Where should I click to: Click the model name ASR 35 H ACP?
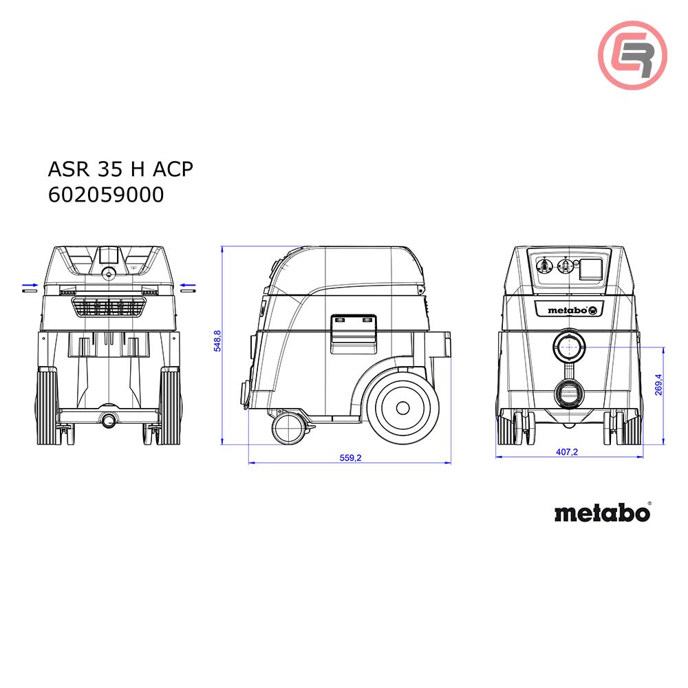pos(120,169)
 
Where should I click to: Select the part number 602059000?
pos(107,195)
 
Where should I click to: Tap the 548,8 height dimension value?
pos(217,341)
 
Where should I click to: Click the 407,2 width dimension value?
pos(568,451)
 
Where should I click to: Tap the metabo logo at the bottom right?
pos(601,513)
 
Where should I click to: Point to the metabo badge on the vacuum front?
pos(568,310)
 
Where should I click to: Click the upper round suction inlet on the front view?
pos(568,347)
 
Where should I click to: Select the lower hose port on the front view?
pos(568,394)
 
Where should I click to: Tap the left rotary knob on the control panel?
pos(543,264)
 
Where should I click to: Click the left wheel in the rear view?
pos(47,403)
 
